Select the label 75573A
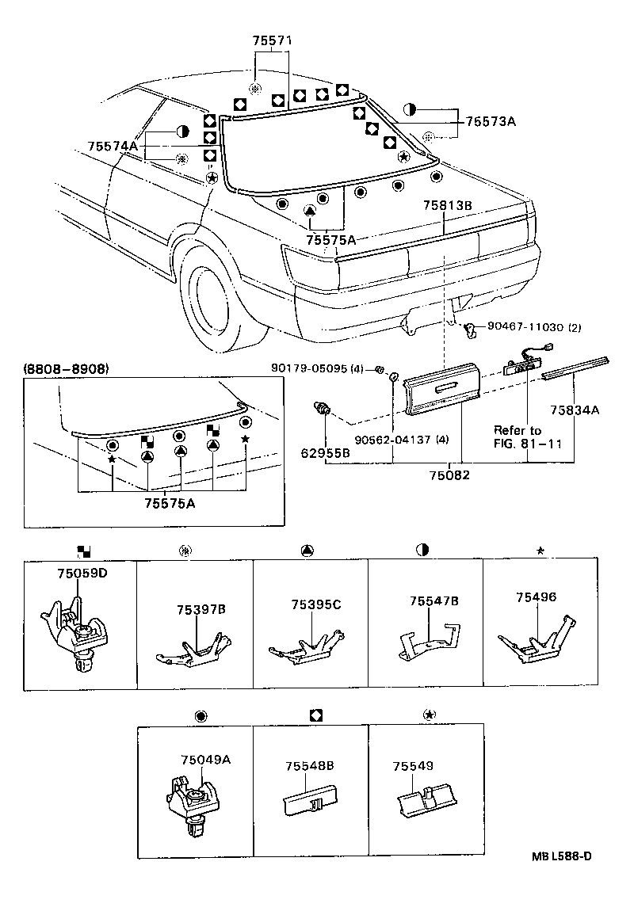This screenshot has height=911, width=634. tap(491, 121)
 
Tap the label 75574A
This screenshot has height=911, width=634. tap(113, 147)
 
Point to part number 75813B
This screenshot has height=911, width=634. tap(447, 205)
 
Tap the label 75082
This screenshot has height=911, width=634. tap(449, 475)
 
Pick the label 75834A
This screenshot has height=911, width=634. tap(575, 410)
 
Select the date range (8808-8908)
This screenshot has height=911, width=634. tap(66, 369)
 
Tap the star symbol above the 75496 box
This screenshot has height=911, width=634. tap(540, 550)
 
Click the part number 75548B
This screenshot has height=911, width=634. tap(309, 766)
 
